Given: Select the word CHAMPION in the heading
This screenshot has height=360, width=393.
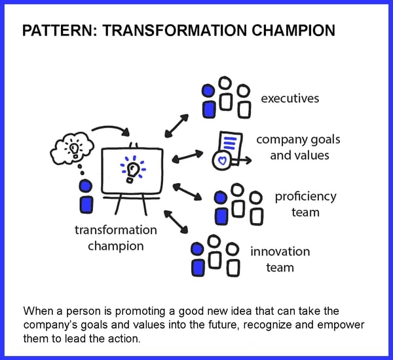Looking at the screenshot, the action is [x=293, y=31].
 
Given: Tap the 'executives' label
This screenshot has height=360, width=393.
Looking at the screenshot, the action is [x=290, y=98].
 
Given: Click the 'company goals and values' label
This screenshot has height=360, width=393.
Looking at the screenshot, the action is [x=299, y=148].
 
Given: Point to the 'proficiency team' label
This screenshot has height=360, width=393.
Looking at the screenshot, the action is [x=305, y=204].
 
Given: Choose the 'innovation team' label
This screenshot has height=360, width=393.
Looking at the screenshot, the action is [x=280, y=260].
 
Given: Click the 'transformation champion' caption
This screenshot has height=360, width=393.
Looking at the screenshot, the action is [x=116, y=237].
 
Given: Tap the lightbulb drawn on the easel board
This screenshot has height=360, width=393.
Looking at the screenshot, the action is [x=132, y=170].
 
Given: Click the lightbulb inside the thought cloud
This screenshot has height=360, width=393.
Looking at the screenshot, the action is [x=73, y=149].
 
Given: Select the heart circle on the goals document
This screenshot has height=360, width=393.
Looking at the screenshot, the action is [x=222, y=160].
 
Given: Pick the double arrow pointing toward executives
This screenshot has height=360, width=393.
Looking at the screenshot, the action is [x=177, y=126].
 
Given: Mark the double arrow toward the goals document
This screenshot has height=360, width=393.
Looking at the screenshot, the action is [x=187, y=157].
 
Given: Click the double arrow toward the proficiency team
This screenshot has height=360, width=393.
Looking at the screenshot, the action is [x=187, y=191].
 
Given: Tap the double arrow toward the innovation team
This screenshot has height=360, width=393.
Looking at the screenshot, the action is [x=176, y=222].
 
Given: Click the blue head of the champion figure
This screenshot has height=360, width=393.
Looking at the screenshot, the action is [x=85, y=186].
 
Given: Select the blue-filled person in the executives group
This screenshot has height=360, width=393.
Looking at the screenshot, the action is [x=208, y=101].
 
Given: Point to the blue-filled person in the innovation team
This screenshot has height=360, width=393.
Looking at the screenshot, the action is [x=198, y=259].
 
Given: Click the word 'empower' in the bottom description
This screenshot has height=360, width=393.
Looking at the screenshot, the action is [x=341, y=325].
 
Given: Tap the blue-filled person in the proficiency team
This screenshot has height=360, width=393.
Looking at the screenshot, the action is [x=221, y=208].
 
